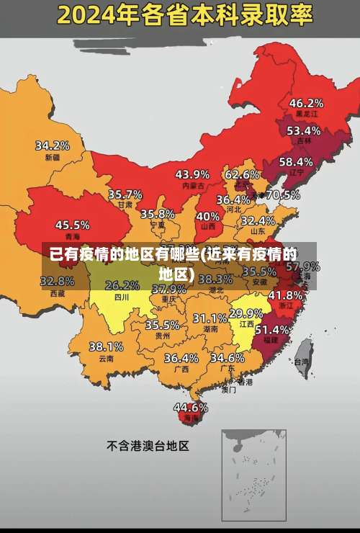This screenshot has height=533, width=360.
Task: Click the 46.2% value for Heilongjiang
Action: pyautogui.click(x=306, y=103)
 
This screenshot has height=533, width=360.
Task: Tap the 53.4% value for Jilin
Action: pyautogui.click(x=303, y=131)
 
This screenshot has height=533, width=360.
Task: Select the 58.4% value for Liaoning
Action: pyautogui.click(x=296, y=162)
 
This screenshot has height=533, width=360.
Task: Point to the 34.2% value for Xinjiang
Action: pyautogui.click(x=53, y=145)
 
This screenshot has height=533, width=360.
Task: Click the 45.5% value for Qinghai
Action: pyautogui.click(x=73, y=225)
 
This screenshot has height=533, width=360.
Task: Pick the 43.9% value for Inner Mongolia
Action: pyautogui.click(x=192, y=174)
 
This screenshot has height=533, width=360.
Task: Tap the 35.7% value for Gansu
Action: pyautogui.click(x=125, y=194)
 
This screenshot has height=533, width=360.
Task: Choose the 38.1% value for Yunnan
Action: pyautogui.click(x=106, y=346)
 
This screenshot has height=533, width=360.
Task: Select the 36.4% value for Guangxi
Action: pyautogui.click(x=181, y=358)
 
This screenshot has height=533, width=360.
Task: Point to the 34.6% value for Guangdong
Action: pyautogui.click(x=228, y=357)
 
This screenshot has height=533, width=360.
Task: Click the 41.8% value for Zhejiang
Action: pyautogui.click(x=285, y=295)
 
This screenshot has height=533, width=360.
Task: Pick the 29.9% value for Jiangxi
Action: pyautogui.click(x=246, y=313)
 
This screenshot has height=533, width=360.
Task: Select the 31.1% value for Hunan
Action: pyautogui.click(x=210, y=318)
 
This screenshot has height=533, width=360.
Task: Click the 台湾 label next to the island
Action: pyautogui.click(x=300, y=364)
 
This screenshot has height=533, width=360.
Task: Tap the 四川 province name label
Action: pyautogui.click(x=122, y=296)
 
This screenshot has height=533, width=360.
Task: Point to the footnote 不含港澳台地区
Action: pyautogui.click(x=148, y=446)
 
